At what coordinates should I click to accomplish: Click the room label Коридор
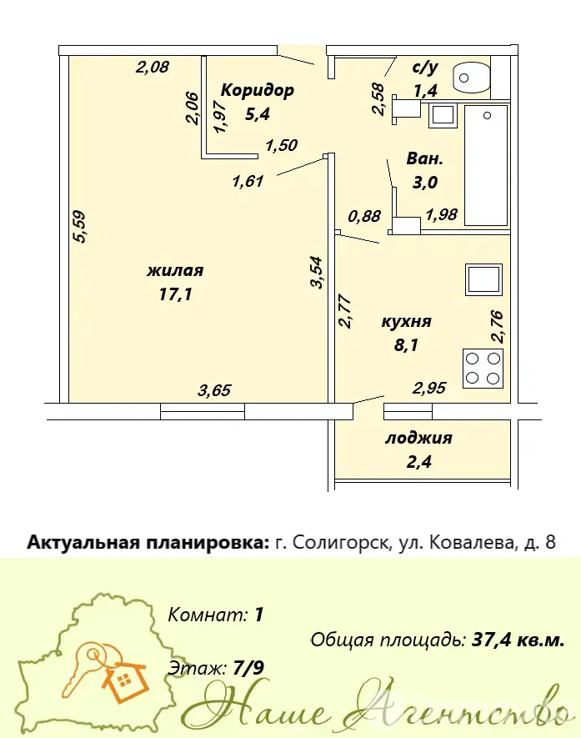(258, 90)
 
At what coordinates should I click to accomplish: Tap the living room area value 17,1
(176, 294)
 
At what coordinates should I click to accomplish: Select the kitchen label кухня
(406, 322)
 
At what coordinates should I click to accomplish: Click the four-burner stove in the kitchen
(483, 369)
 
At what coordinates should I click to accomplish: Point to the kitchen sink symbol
(483, 279)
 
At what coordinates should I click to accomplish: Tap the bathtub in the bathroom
(487, 165)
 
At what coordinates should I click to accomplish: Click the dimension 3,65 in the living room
(214, 390)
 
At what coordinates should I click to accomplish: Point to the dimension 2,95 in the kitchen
(429, 388)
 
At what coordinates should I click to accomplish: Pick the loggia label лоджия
(418, 438)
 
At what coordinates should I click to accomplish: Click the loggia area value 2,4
(418, 462)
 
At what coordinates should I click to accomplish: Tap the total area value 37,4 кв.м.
(518, 640)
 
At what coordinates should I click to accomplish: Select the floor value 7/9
(249, 667)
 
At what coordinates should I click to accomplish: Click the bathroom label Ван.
(424, 158)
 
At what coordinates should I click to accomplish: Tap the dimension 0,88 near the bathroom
(364, 216)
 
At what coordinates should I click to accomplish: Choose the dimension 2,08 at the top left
(152, 67)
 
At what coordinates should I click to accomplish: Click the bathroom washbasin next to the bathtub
(443, 115)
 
